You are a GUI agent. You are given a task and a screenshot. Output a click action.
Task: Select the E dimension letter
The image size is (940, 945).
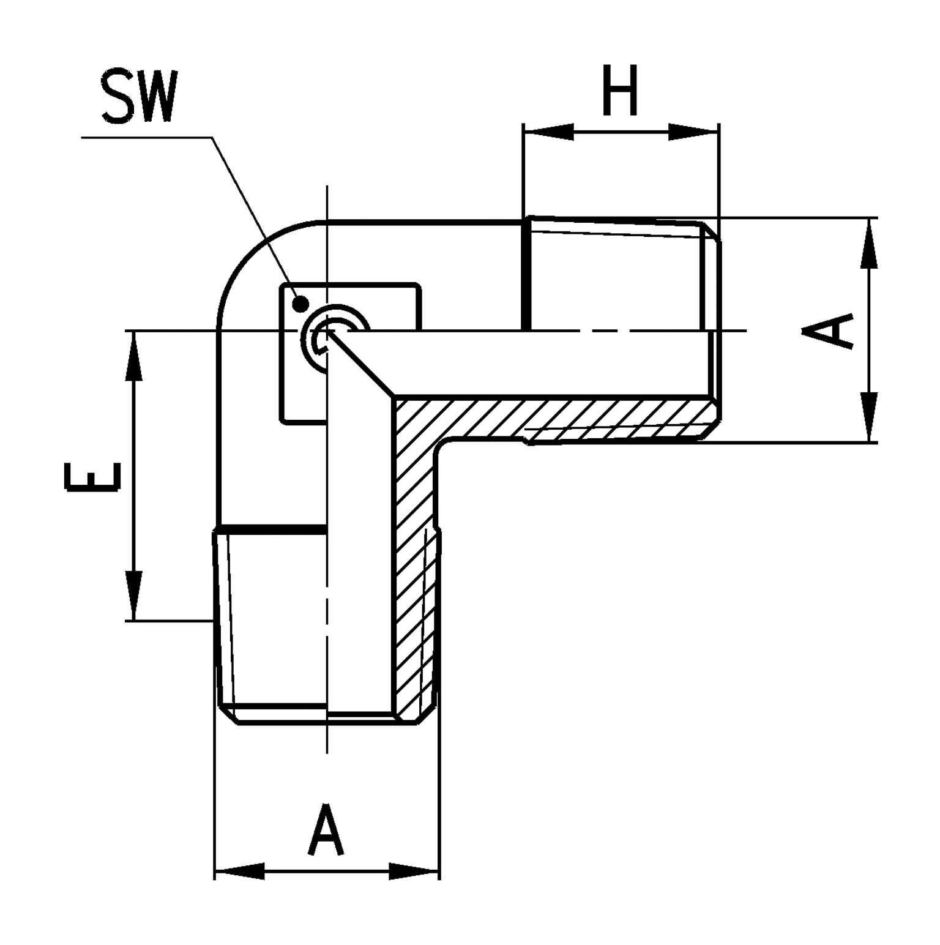coord(91,477)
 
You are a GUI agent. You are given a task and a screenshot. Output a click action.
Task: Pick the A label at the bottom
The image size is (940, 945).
coord(327,830)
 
